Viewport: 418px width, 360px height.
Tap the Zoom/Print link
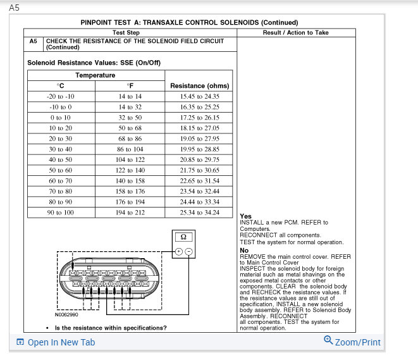pyautogui.click(x=352, y=342)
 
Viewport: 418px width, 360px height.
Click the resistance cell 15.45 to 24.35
pyautogui.click(x=199, y=96)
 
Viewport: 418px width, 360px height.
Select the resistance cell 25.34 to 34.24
pyautogui.click(x=199, y=212)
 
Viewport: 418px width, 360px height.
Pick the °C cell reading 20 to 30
pyautogui.click(x=60, y=139)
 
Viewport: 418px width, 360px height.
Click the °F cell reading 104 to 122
pyautogui.click(x=131, y=159)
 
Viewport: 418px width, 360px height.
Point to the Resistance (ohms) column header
pyautogui.click(x=199, y=85)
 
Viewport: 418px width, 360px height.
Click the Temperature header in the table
pyautogui.click(x=95, y=75)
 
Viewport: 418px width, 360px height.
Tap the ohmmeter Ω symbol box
pyautogui.click(x=182, y=237)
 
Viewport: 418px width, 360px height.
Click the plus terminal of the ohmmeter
pyautogui.click(x=178, y=251)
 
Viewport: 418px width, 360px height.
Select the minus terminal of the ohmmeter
pyautogui.click(x=188, y=251)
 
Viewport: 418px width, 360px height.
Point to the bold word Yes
pyautogui.click(x=245, y=216)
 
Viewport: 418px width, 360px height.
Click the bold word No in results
pyautogui.click(x=244, y=250)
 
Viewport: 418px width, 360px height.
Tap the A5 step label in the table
pyautogui.click(x=34, y=40)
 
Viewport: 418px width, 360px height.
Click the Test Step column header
pyautogui.click(x=126, y=32)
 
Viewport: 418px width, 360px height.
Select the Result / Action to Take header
pyautogui.click(x=295, y=32)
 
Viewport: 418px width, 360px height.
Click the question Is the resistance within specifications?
pyautogui.click(x=111, y=328)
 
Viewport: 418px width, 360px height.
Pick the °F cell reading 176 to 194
pyautogui.click(x=131, y=202)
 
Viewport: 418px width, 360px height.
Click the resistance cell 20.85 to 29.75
pyautogui.click(x=199, y=159)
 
